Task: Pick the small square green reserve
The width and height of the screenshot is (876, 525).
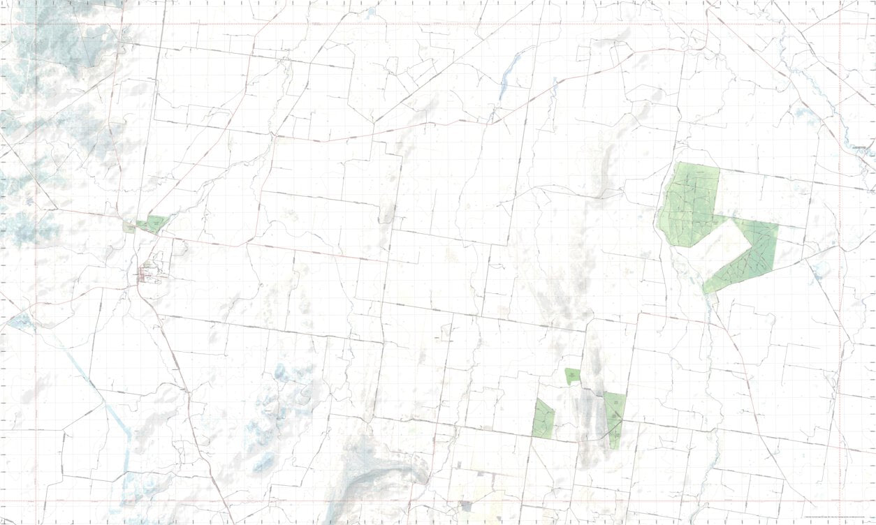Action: [x=573, y=376]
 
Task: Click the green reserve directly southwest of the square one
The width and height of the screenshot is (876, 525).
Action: [x=543, y=419]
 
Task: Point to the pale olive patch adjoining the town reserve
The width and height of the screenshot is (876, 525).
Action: [x=129, y=227]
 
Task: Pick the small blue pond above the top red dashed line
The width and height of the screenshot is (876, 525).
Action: [x=371, y=12]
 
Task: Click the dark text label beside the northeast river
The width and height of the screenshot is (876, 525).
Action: [x=862, y=147]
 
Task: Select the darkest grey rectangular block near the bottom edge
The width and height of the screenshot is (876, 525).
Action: [x=465, y=505]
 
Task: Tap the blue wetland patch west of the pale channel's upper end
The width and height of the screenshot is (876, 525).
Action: [x=21, y=321]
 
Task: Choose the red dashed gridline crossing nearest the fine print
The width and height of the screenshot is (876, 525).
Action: [x=839, y=502]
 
